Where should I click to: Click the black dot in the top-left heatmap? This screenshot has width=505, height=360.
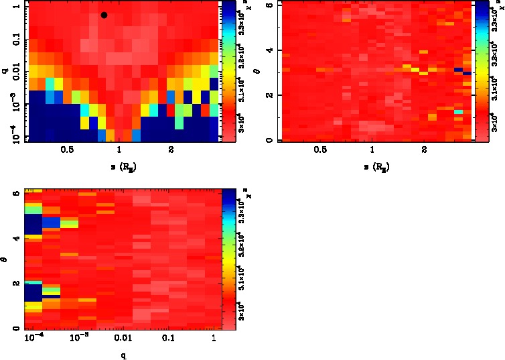pos(104,15)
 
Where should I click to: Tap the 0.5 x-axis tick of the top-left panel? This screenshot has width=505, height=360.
pos(67,151)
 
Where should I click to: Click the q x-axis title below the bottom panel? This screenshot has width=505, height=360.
pos(123,356)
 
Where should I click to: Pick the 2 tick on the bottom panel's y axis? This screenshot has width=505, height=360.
pos(15,283)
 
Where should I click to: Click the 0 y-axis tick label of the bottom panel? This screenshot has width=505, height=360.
pos(15,328)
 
